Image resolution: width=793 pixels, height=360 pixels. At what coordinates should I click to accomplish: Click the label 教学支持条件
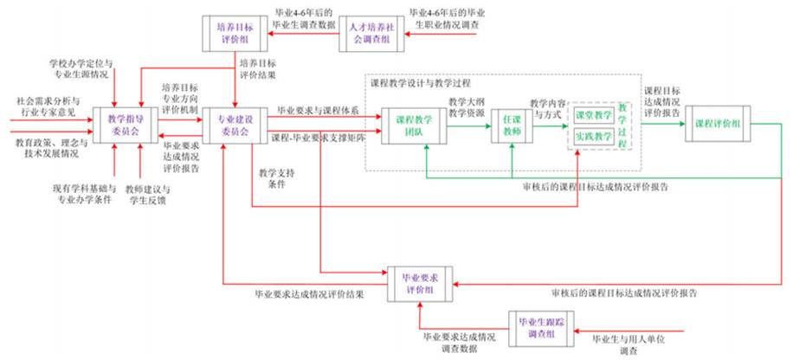point(276,178)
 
